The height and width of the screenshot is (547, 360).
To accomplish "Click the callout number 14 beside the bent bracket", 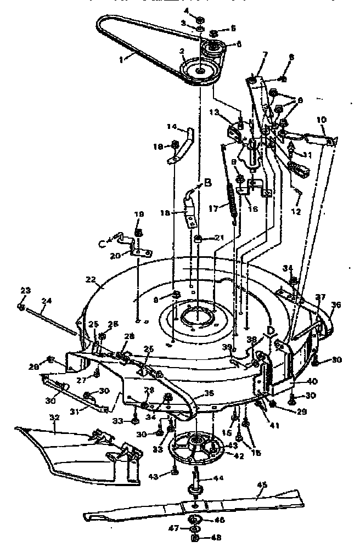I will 172,126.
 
